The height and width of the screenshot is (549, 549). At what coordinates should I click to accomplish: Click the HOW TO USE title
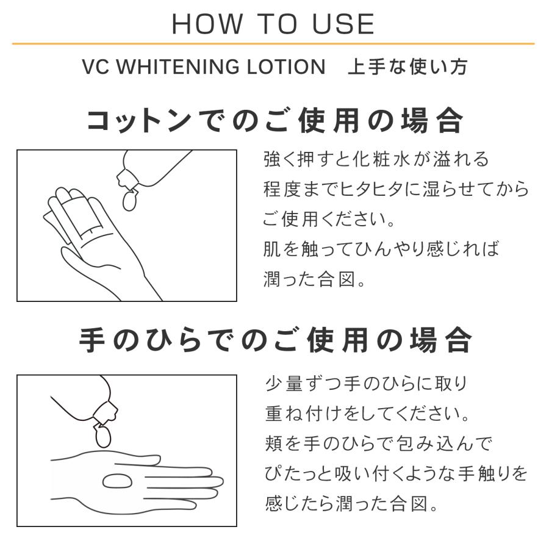[273, 24]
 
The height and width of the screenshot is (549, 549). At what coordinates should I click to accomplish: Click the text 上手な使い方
[407, 66]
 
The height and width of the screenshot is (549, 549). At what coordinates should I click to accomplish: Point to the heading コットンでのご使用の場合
[274, 120]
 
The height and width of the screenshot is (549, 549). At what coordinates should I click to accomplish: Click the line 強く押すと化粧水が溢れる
[376, 160]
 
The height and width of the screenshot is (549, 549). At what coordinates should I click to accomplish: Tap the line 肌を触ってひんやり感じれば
[381, 249]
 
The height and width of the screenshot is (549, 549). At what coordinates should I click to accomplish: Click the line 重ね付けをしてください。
[368, 414]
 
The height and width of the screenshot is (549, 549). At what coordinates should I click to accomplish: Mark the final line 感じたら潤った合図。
[352, 504]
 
